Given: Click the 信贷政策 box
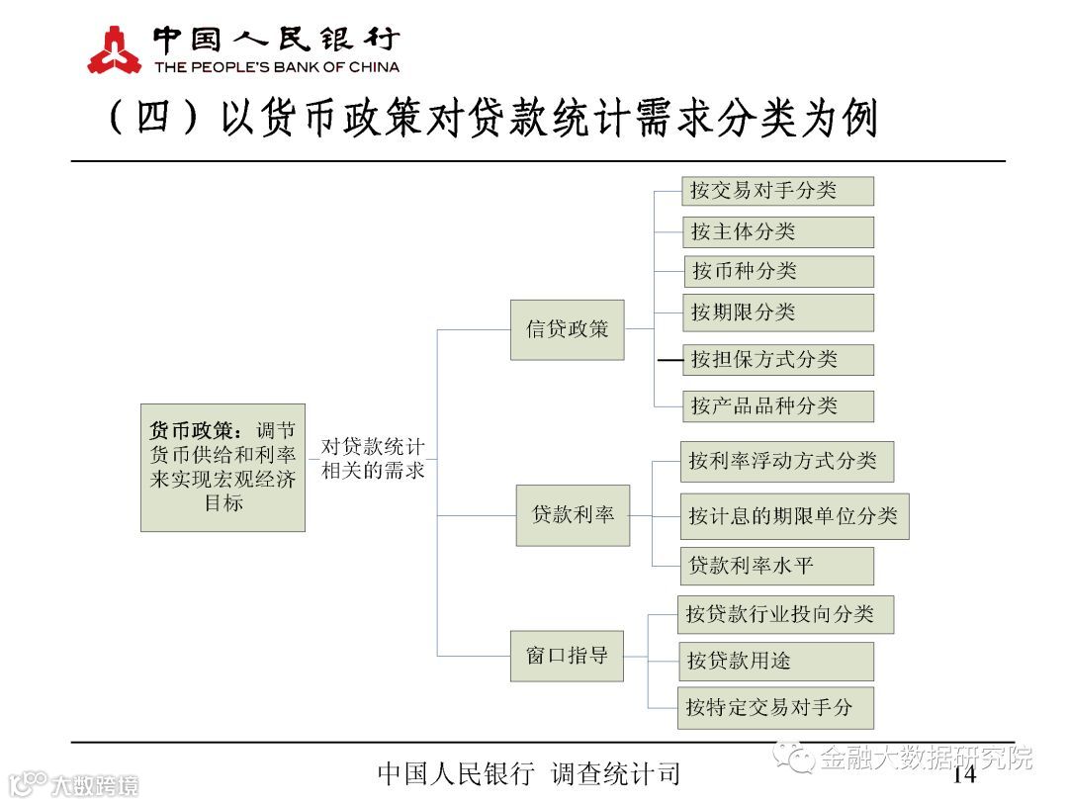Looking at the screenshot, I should (568, 329).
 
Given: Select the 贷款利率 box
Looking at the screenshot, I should (573, 515).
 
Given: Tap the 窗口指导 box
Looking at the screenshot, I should (567, 656).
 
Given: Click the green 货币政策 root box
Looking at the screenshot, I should (222, 467).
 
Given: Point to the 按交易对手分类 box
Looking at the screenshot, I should (777, 191).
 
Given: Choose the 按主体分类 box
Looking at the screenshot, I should (777, 231).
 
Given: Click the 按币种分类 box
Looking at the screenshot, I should (778, 271).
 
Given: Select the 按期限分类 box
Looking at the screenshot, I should (777, 313).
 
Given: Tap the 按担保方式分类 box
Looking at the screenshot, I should (777, 359).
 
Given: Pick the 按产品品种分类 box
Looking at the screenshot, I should (777, 405).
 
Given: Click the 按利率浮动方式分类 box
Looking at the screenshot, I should (786, 462).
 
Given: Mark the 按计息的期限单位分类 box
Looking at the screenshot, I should (794, 515).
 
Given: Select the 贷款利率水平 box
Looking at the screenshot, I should (777, 566).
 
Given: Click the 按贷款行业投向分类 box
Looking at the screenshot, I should (785, 614).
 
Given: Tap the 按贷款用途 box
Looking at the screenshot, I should (775, 661).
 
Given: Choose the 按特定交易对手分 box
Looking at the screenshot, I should (775, 707).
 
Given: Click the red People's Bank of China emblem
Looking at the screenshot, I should (115, 50).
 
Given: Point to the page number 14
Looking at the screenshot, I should (963, 774).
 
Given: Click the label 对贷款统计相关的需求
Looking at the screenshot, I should (373, 459).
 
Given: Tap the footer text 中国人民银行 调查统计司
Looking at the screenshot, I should (529, 774).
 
